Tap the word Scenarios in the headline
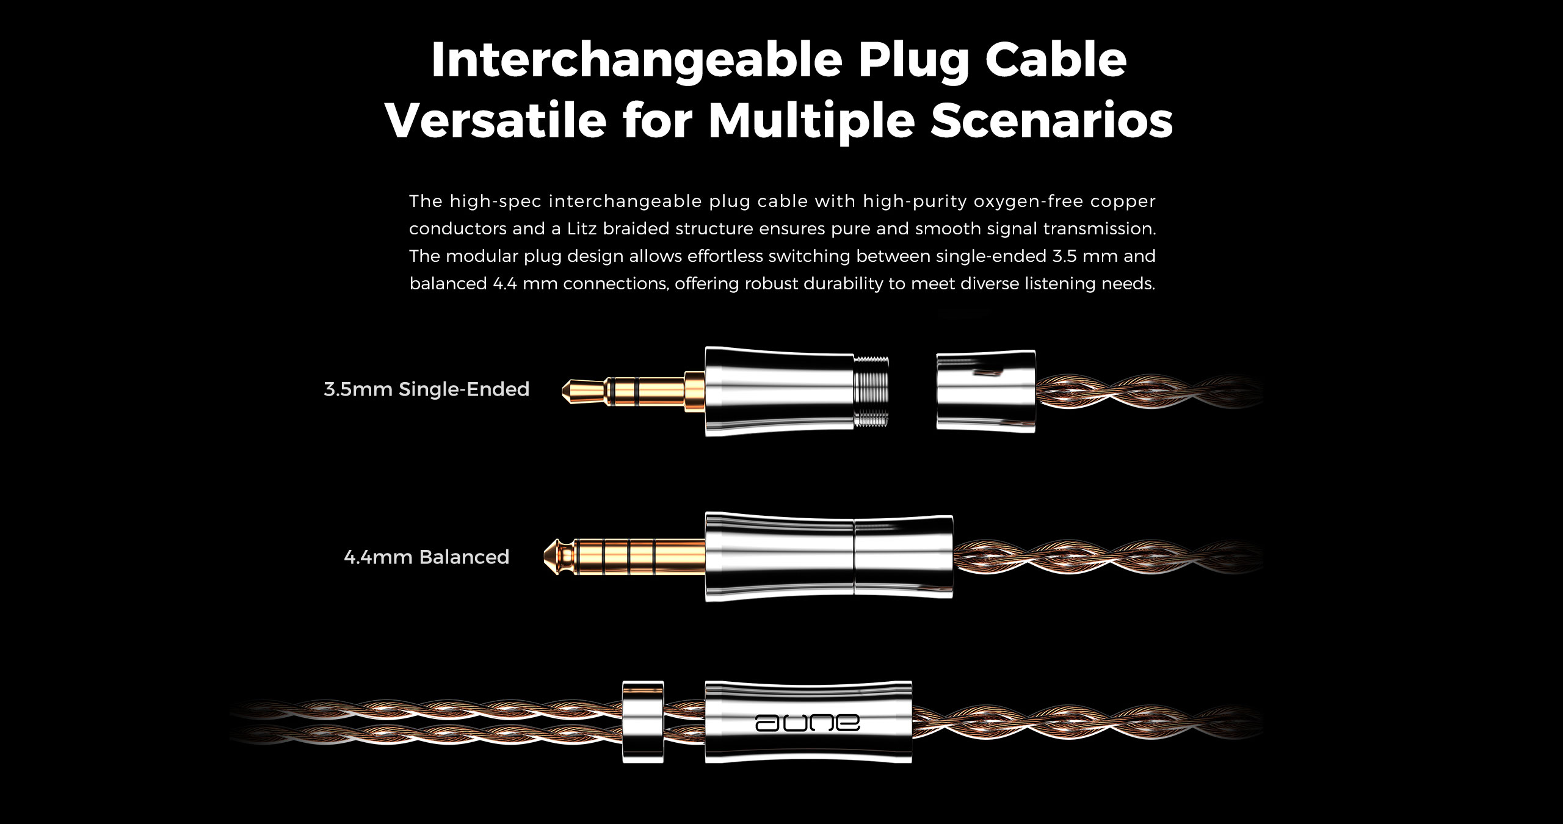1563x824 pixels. pos(1052,121)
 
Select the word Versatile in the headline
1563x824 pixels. pos(496,121)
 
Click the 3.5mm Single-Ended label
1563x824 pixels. pos(427,389)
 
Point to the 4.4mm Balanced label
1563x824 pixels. pos(427,557)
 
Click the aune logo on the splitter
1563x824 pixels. pos(808,723)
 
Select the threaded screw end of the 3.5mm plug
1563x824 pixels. pos(871,391)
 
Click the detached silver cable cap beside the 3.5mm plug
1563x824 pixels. pos(985,391)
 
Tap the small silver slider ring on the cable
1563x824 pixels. pos(643,722)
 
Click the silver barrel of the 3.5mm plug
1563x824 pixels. pos(780,391)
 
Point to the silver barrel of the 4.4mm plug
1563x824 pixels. pos(829,557)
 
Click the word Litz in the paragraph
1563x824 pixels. pos(582,229)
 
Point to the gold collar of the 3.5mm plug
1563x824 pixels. pos(694,391)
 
